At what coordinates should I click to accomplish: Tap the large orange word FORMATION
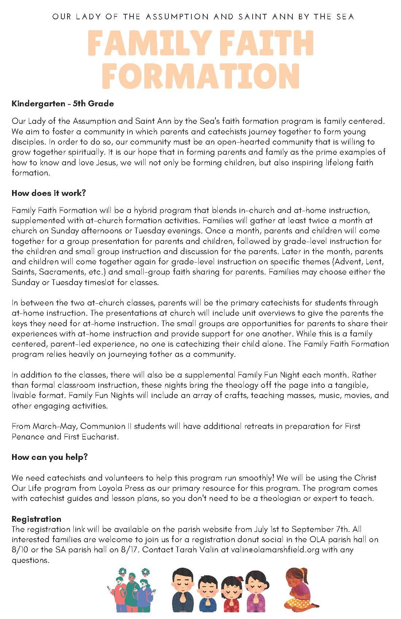(x=200, y=75)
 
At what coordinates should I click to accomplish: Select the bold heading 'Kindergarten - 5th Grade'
(x=63, y=103)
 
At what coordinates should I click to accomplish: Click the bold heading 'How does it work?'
(x=48, y=193)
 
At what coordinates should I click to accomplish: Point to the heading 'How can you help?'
(x=50, y=457)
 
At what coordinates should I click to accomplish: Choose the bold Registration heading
(x=36, y=519)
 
